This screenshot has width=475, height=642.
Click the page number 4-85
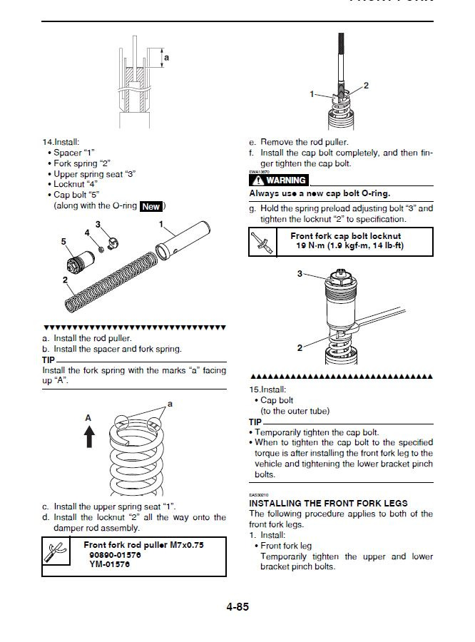pyautogui.click(x=237, y=608)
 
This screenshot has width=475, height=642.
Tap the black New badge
pyautogui.click(x=151, y=206)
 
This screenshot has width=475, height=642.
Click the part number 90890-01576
pyautogui.click(x=115, y=554)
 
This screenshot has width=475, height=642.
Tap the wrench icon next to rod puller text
pyautogui.click(x=54, y=554)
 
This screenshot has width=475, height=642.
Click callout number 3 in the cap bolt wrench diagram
pyautogui.click(x=300, y=273)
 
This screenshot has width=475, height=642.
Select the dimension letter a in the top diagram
pyautogui.click(x=167, y=57)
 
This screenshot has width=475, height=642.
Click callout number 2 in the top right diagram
pyautogui.click(x=366, y=86)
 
